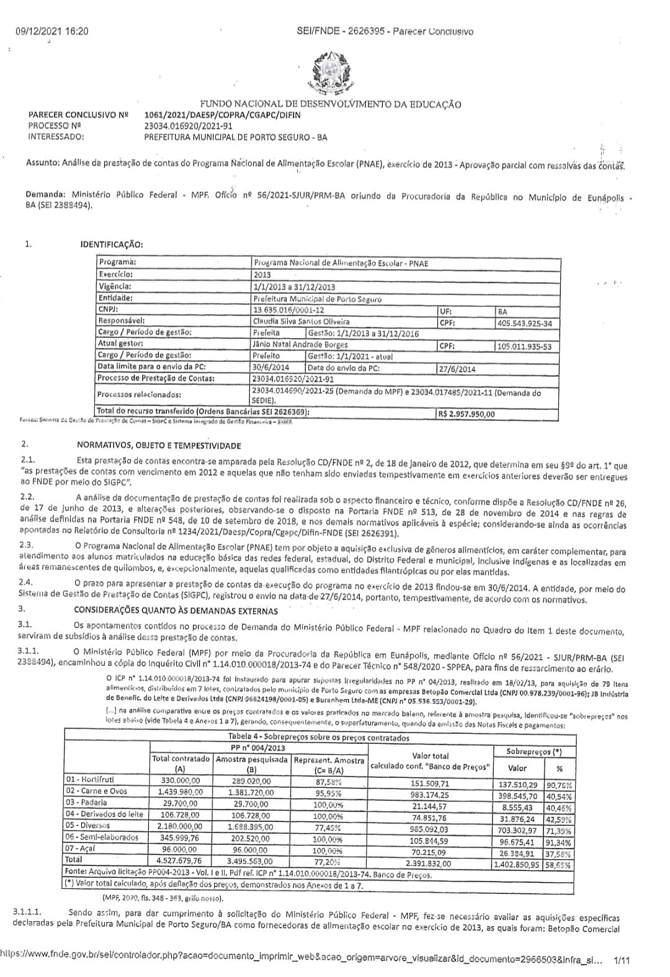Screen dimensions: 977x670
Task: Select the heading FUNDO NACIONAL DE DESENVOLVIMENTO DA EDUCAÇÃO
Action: (330, 104)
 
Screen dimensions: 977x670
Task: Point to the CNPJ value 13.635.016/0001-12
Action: (288, 310)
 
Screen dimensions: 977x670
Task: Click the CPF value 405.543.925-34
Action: (524, 323)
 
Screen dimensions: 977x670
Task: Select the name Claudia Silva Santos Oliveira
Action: (301, 322)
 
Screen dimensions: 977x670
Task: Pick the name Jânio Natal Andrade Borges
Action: (300, 345)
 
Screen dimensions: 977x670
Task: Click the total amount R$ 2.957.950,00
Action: (467, 414)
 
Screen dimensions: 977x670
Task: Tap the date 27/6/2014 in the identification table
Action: (458, 369)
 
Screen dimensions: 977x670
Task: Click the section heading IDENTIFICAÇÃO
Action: (112, 244)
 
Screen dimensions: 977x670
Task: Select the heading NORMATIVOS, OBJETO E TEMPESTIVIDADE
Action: (159, 445)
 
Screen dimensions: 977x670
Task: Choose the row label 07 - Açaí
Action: (81, 848)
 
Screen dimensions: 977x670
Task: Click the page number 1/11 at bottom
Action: (621, 961)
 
